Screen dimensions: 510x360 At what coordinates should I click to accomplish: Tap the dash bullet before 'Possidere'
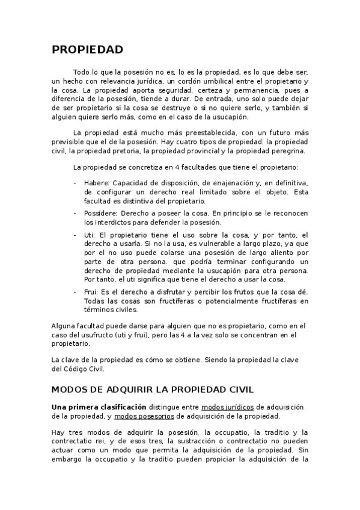[75, 213]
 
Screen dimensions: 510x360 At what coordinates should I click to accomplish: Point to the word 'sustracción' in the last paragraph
[192, 441]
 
